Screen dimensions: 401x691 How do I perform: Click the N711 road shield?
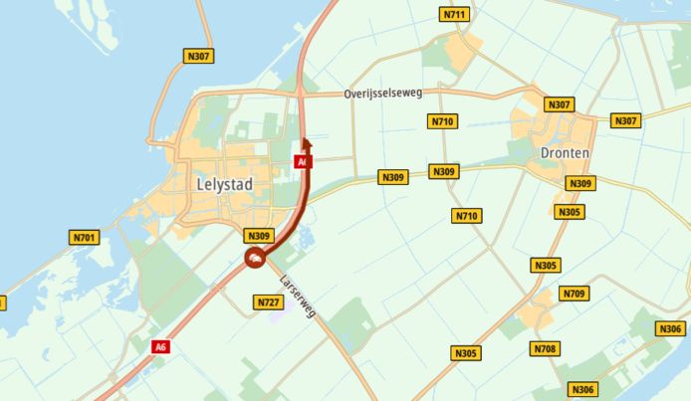coord(454,14)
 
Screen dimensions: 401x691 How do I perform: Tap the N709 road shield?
coord(574,294)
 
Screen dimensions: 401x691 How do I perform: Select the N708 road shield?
coord(544,348)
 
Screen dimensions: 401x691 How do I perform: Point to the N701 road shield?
coord(85,238)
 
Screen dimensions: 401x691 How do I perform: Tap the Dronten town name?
coord(565,153)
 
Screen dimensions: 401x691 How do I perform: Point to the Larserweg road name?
coord(298,296)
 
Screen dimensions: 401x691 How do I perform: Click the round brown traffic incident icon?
coord(254,260)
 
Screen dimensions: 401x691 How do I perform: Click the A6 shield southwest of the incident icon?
coord(160,346)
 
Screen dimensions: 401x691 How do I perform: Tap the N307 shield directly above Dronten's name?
coord(560,104)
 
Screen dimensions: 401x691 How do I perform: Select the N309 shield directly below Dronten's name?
coord(579,183)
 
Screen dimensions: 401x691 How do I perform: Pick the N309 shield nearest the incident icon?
coord(259,236)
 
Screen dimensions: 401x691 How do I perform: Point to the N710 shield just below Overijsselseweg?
coord(443,121)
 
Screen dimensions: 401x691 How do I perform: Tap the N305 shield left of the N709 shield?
coord(546,265)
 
